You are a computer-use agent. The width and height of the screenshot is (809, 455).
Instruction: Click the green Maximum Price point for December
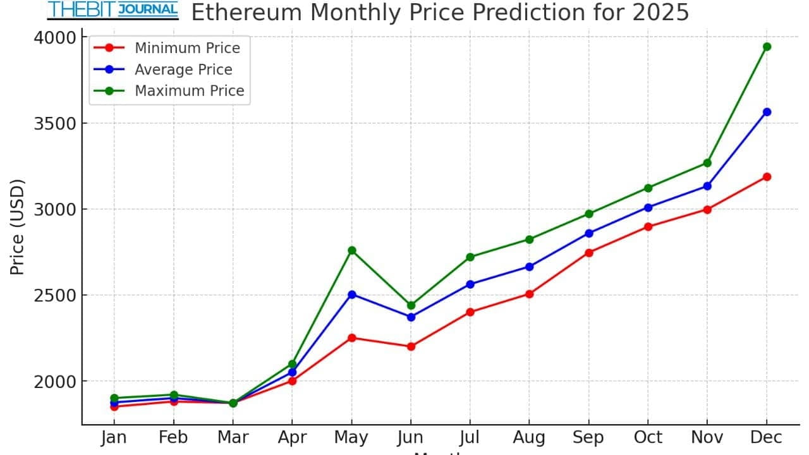coord(767,46)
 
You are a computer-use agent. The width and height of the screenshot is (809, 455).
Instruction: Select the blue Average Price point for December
coord(767,112)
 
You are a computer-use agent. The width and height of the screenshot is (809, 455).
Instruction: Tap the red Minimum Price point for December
coord(767,177)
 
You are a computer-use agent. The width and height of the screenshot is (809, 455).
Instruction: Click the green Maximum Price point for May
coord(352,250)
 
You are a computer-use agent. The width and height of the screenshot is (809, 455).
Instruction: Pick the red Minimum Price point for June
coord(411,346)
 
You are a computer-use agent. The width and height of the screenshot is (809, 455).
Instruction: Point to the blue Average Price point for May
coord(352,294)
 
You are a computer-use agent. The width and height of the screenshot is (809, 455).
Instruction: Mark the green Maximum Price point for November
coord(707,163)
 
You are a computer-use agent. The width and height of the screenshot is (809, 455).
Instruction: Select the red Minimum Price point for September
coord(589,253)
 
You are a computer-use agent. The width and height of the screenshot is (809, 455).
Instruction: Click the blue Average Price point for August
coord(530,267)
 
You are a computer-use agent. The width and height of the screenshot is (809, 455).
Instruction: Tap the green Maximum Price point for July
coord(470,257)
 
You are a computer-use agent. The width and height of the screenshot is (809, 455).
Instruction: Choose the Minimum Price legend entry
coord(187,48)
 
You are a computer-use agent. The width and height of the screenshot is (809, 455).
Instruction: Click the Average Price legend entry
coord(183,70)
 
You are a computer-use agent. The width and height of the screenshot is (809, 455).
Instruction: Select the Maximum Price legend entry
coord(189,91)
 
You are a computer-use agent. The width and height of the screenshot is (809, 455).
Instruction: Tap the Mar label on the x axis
coord(233,437)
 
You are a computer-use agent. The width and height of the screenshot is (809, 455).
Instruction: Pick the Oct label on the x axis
coord(648,437)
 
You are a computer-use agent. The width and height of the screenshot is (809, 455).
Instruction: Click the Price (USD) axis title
coord(17,227)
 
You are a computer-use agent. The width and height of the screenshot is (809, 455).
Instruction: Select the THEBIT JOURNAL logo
coord(113,10)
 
